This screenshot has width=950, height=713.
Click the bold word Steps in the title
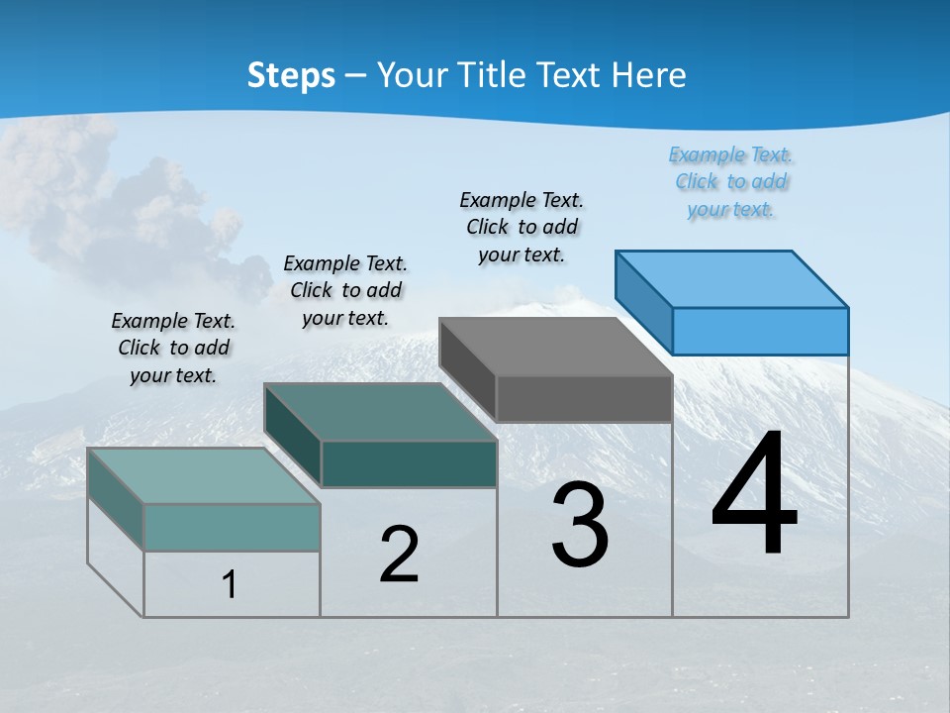[291, 75]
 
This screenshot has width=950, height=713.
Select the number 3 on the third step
[580, 526]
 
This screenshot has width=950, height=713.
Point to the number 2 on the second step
[400, 556]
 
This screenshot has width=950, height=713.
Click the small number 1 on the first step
[230, 585]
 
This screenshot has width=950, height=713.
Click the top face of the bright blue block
[732, 278]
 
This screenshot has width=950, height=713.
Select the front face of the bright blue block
[760, 331]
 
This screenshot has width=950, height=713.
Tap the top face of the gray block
[556, 347]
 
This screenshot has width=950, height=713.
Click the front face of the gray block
[584, 399]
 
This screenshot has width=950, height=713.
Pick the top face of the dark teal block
[380, 412]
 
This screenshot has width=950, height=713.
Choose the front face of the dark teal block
[409, 464]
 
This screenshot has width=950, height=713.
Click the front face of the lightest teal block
[232, 527]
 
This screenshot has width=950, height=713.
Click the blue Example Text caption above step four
[731, 182]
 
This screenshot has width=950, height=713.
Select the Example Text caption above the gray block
[522, 228]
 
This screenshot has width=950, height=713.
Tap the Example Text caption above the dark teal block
[345, 290]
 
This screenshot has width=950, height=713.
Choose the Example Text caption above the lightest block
[173, 348]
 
